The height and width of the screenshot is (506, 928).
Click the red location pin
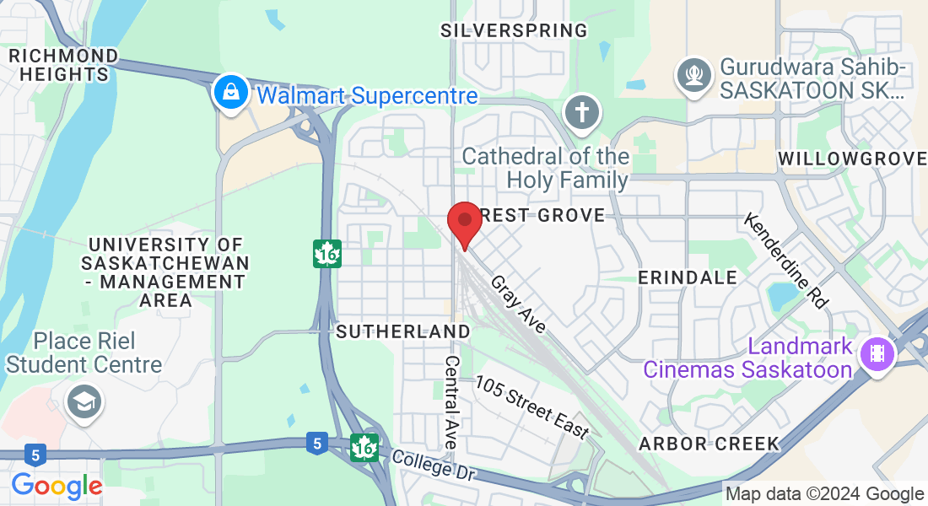tap(464, 222)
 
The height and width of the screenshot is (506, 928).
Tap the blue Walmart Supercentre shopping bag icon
tap(229, 93)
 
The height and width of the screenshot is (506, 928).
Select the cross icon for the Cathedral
tap(581, 113)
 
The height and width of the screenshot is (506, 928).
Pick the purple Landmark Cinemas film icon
tap(877, 353)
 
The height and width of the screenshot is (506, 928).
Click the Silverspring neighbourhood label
tap(514, 31)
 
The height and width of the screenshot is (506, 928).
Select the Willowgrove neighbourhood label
tap(852, 159)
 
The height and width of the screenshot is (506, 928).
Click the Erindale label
tap(687, 277)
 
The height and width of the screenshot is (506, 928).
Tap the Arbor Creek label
tap(709, 444)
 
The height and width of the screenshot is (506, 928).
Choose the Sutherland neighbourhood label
tap(402, 331)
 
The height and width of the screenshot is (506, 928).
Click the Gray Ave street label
tap(518, 303)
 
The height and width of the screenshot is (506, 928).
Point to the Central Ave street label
tap(451, 402)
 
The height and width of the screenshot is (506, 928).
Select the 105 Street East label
tap(532, 406)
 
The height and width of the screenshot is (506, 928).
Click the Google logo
tap(57, 486)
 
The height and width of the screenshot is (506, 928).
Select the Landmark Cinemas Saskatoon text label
tap(747, 358)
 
